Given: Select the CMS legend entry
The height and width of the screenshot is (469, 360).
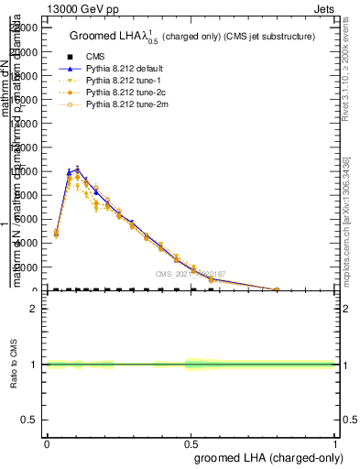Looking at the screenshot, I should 95,56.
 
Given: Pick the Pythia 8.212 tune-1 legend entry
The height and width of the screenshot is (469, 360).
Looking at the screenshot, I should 124,81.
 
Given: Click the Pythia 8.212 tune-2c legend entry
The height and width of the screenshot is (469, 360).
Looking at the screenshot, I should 125,93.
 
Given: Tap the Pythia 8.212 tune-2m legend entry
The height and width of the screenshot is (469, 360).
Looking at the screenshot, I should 126,106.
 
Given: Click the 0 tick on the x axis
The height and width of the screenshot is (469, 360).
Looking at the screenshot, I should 47,442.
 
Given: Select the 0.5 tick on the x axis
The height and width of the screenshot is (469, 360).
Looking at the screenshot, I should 191,442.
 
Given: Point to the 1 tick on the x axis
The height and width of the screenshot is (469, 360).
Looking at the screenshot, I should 335,442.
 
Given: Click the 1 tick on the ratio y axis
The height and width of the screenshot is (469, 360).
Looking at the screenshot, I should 34,365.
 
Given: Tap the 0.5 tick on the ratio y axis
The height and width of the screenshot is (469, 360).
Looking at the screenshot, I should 30,420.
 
